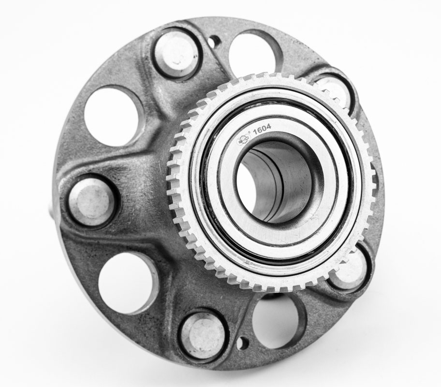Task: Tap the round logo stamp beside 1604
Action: click(x=244, y=139)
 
